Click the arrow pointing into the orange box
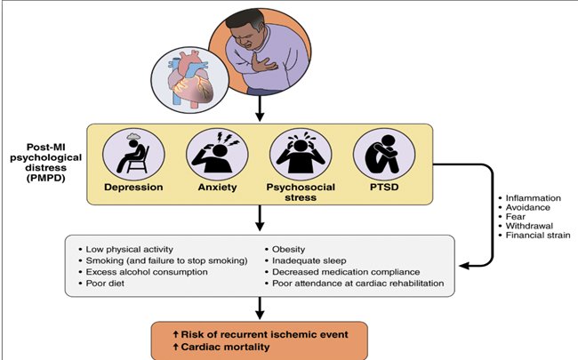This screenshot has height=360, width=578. (x=259, y=310)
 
